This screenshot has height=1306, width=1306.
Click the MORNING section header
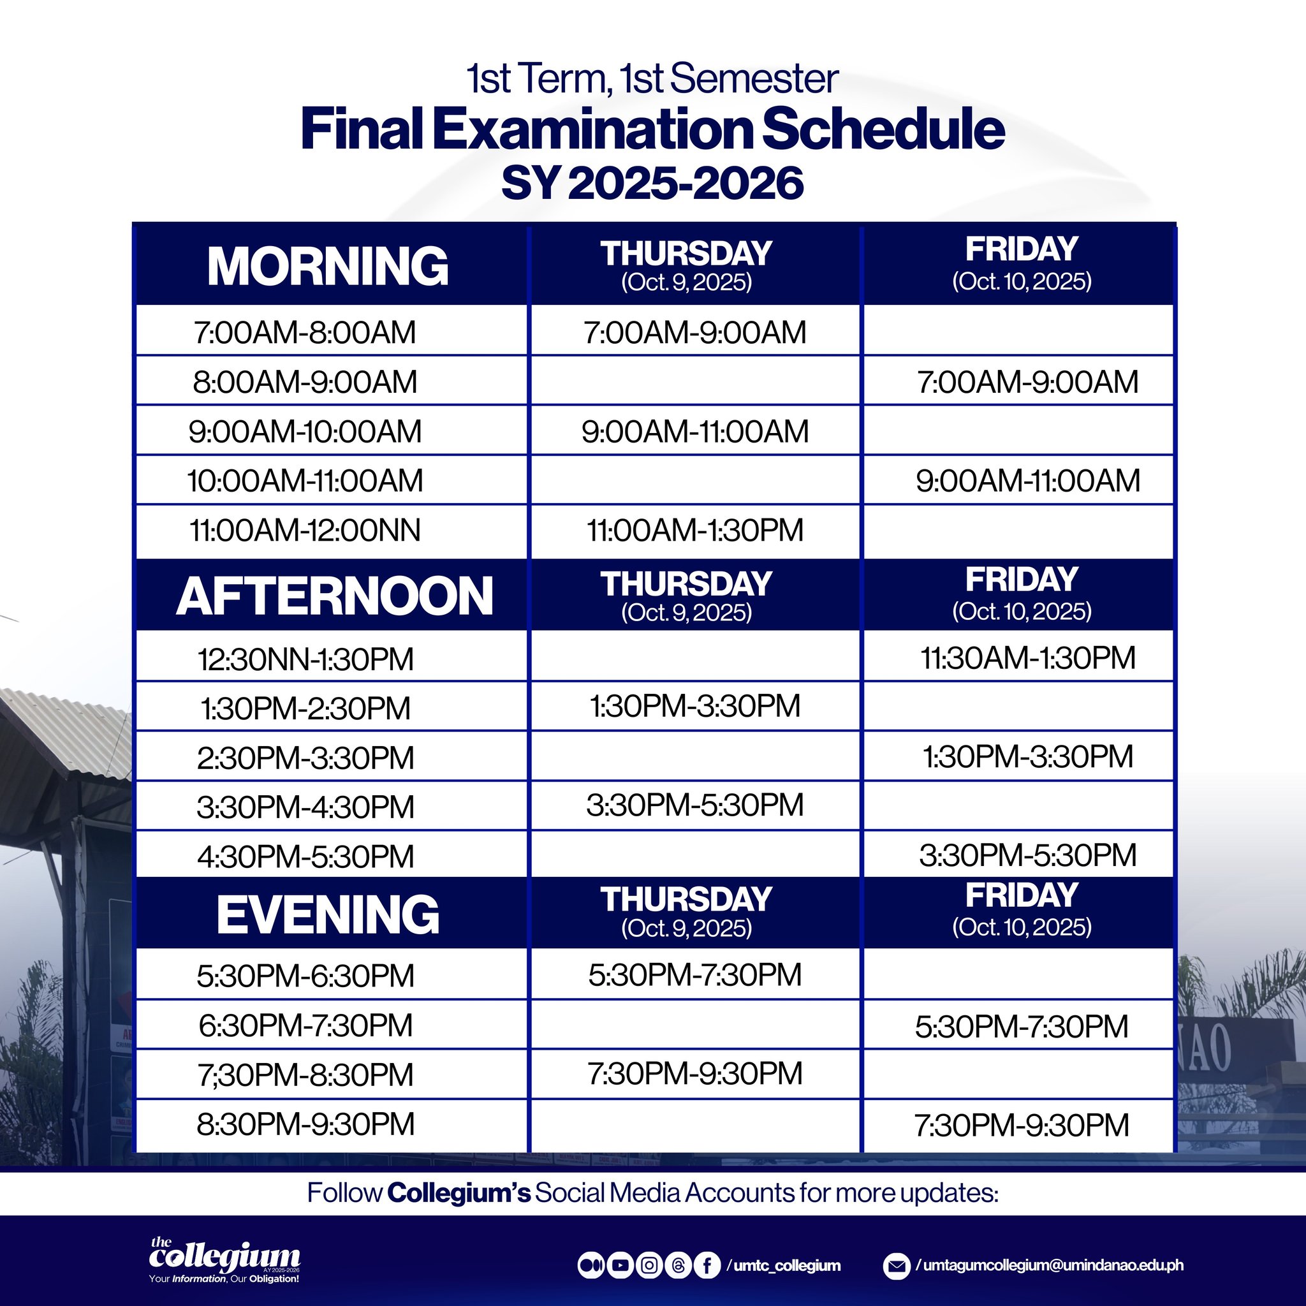pyautogui.click(x=328, y=266)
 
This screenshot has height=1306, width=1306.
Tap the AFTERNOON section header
pyautogui.click(x=335, y=596)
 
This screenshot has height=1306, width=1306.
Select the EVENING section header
pyautogui.click(x=328, y=914)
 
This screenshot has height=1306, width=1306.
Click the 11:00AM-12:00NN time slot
pyautogui.click(x=305, y=530)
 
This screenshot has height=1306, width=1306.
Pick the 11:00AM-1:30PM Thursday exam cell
pyautogui.click(x=695, y=530)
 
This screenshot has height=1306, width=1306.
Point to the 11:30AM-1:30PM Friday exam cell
pyautogui.click(x=1027, y=657)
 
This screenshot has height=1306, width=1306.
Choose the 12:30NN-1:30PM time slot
pyautogui.click(x=305, y=659)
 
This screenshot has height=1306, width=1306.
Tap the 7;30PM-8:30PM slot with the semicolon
pyautogui.click(x=305, y=1075)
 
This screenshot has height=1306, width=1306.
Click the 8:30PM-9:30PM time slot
pyautogui.click(x=305, y=1124)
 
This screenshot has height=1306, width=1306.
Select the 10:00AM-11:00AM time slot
pyautogui.click(x=305, y=481)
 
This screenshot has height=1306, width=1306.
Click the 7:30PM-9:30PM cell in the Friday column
pyautogui.click(x=1022, y=1126)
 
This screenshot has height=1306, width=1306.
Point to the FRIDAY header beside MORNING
pyautogui.click(x=1022, y=262)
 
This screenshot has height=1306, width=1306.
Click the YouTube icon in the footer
pyautogui.click(x=619, y=1265)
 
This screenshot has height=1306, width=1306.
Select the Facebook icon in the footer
pyautogui.click(x=707, y=1265)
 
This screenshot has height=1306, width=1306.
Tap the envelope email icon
pyautogui.click(x=897, y=1265)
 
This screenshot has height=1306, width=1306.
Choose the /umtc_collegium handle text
pyautogui.click(x=784, y=1265)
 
